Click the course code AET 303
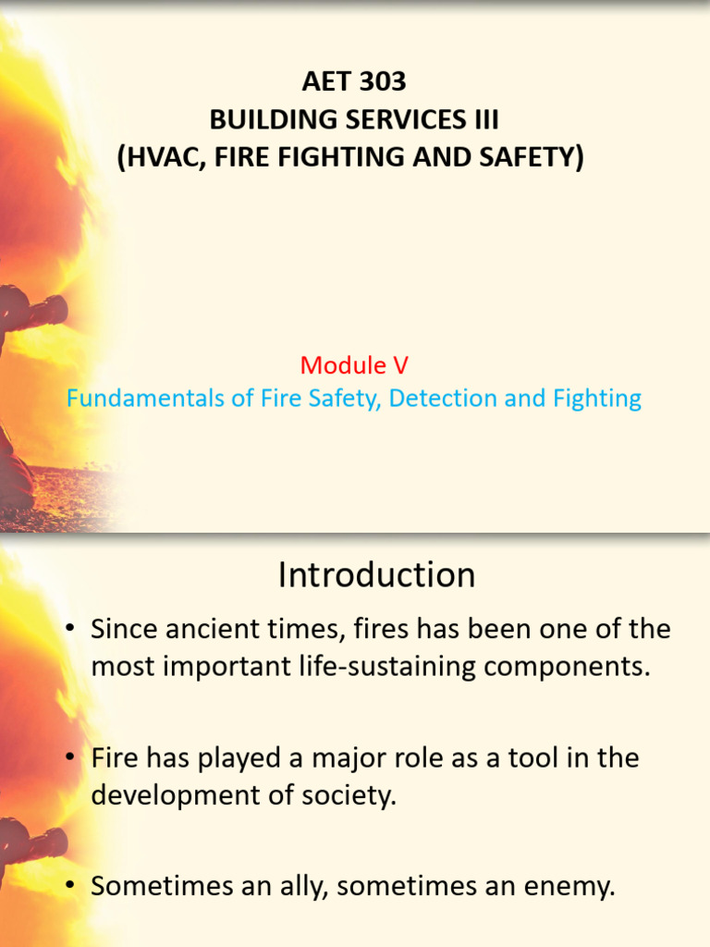pyautogui.click(x=354, y=82)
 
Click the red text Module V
pyautogui.click(x=354, y=365)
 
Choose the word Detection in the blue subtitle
pyautogui.click(x=443, y=399)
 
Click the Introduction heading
pyautogui.click(x=376, y=575)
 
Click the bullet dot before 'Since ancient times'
pyautogui.click(x=69, y=630)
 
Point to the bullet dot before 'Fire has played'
pyautogui.click(x=69, y=758)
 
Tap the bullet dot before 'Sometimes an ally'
pyautogui.click(x=69, y=887)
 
